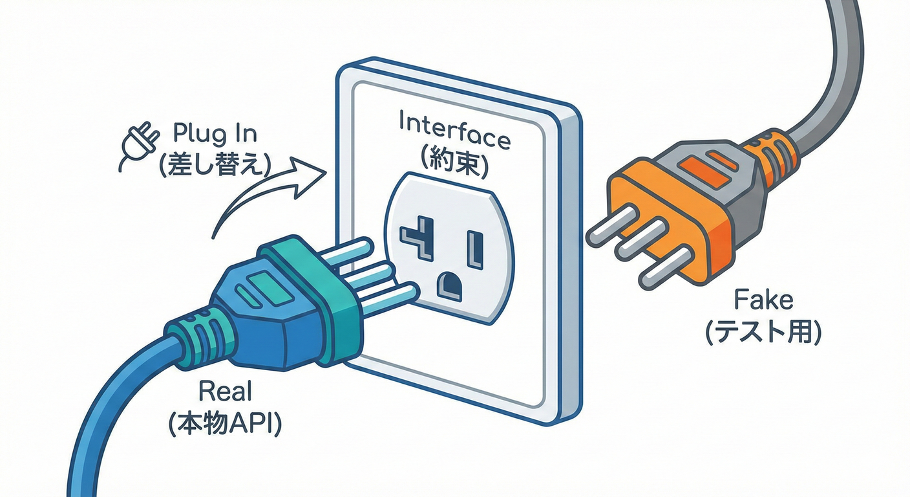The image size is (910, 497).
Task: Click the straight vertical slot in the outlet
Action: [476, 250]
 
